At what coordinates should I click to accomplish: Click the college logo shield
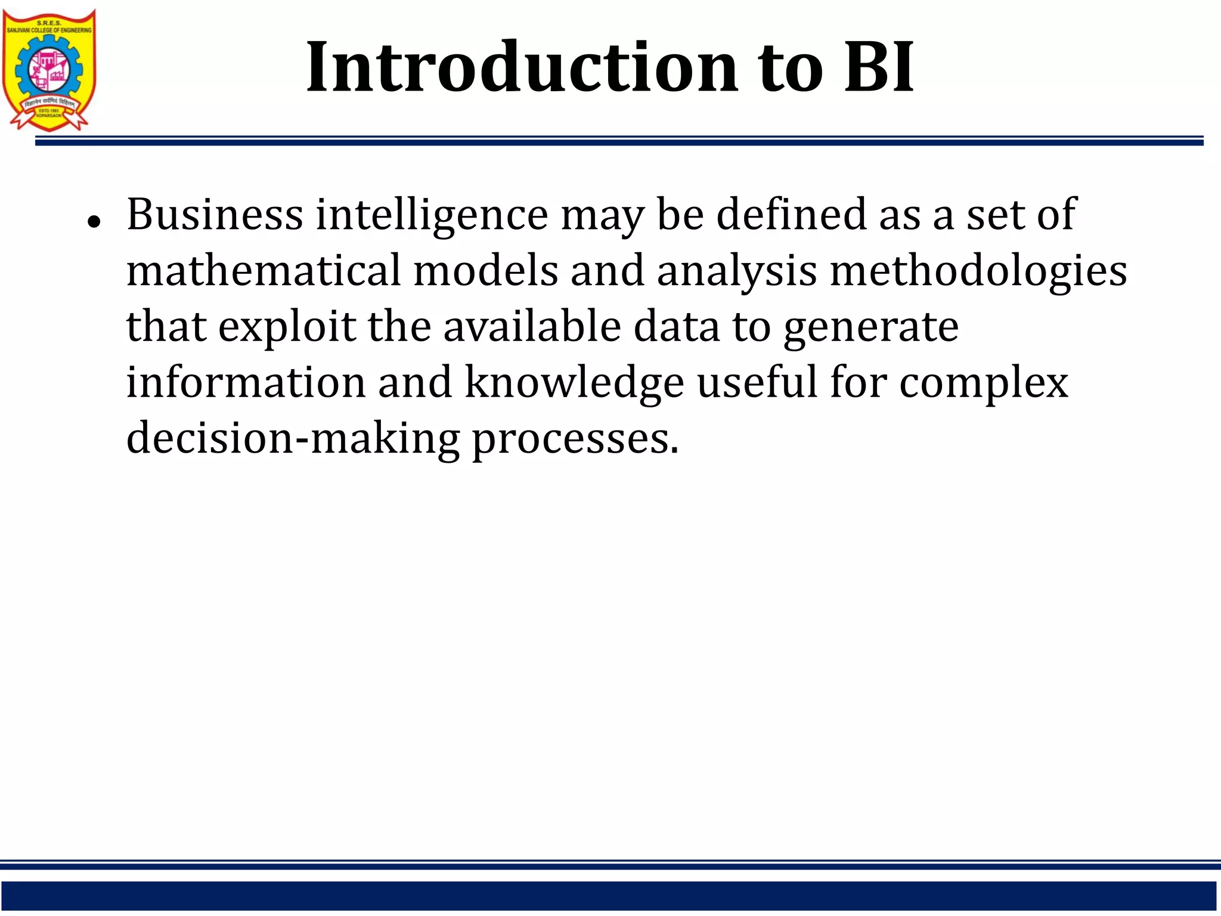pos(49,69)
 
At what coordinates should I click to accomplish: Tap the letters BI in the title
pos(879,67)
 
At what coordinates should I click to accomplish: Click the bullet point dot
pos(93,222)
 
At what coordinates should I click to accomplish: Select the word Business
pos(215,215)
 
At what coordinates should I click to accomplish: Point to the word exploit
pos(287,327)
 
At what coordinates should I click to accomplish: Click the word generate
pos(871,327)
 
